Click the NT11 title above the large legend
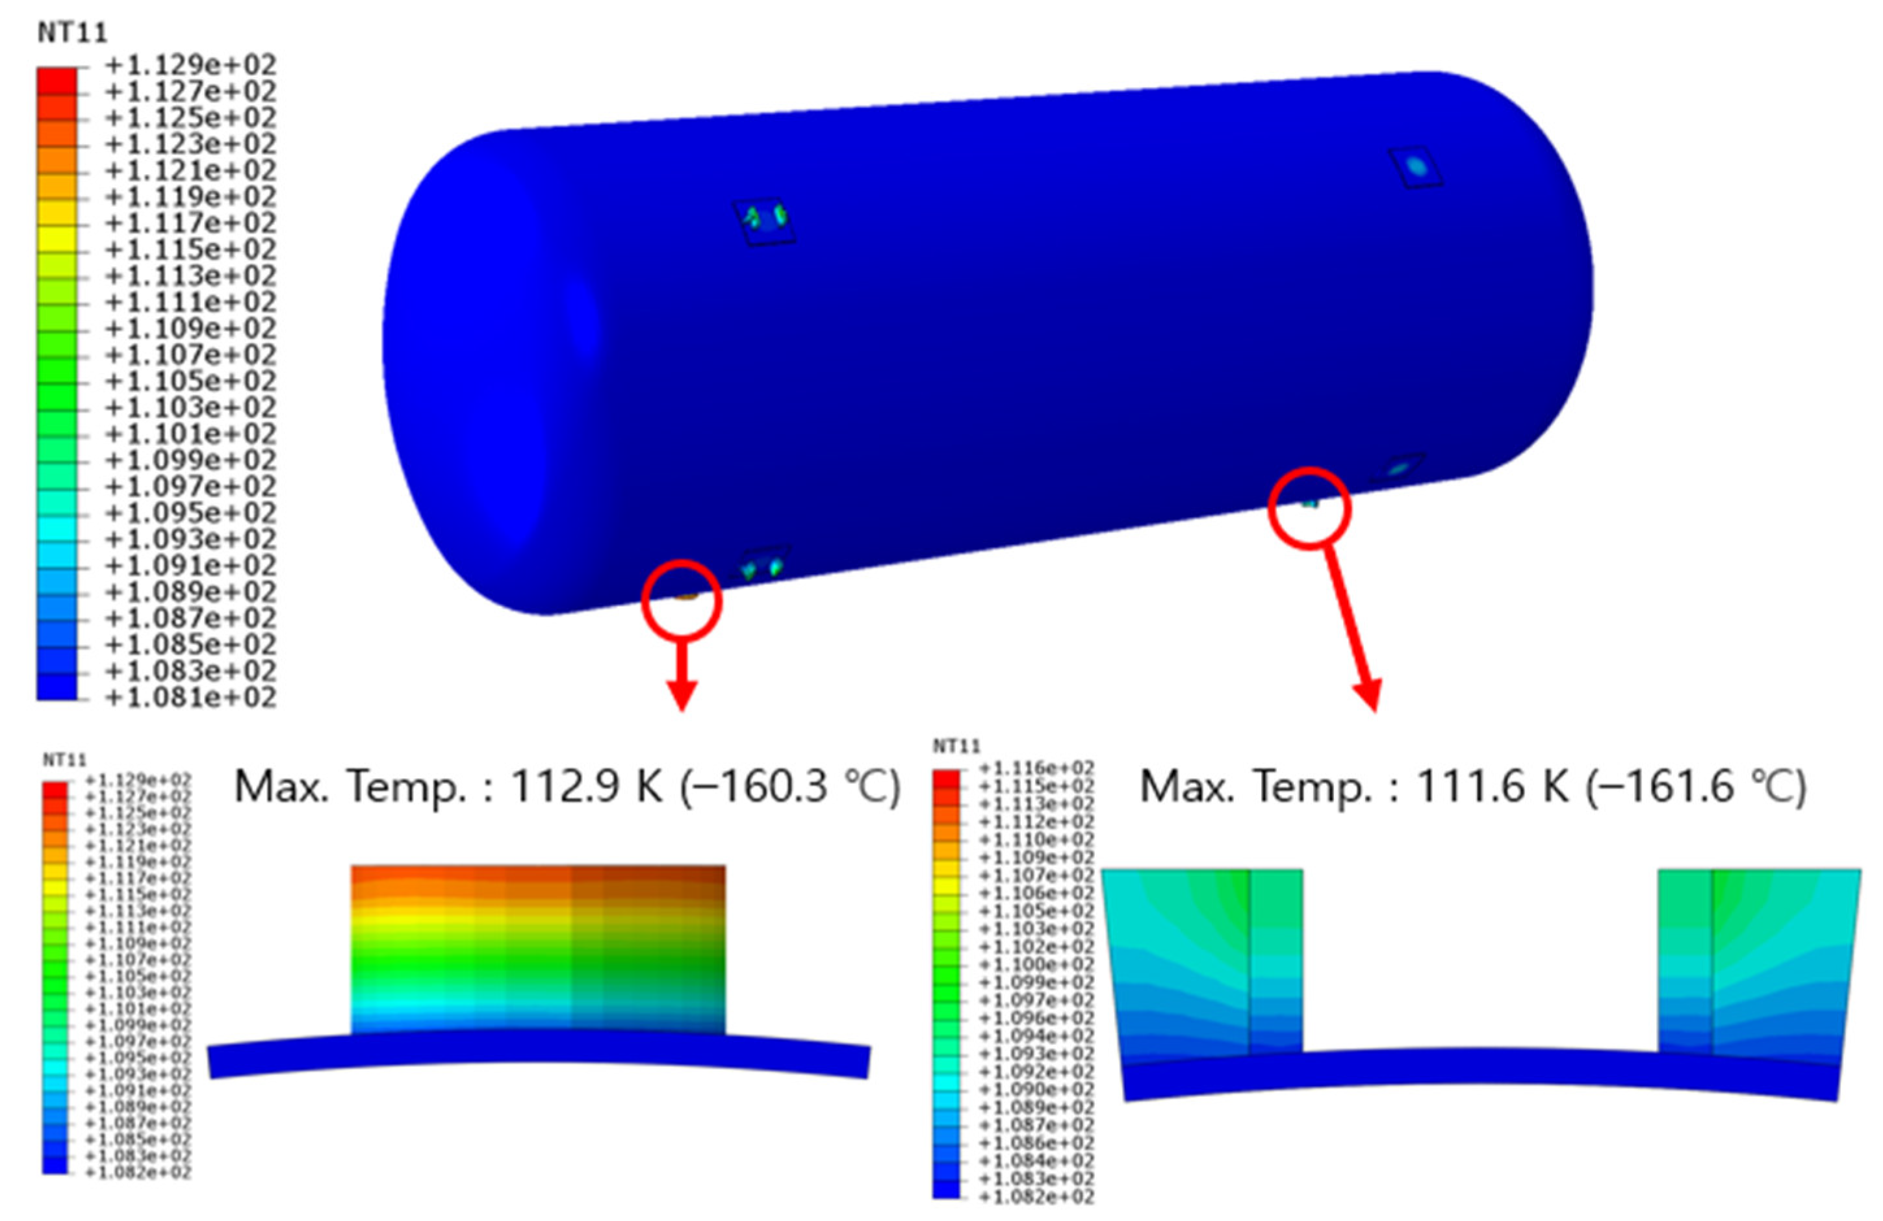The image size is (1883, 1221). [x=72, y=33]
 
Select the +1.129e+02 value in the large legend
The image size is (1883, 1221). [x=190, y=65]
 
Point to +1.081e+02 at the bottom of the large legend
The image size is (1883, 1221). [x=190, y=698]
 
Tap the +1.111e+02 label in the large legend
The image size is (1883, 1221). [x=190, y=302]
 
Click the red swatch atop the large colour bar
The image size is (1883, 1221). [x=57, y=80]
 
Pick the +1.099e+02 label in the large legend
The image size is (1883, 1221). [x=190, y=460]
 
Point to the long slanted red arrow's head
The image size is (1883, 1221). [x=1369, y=696]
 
